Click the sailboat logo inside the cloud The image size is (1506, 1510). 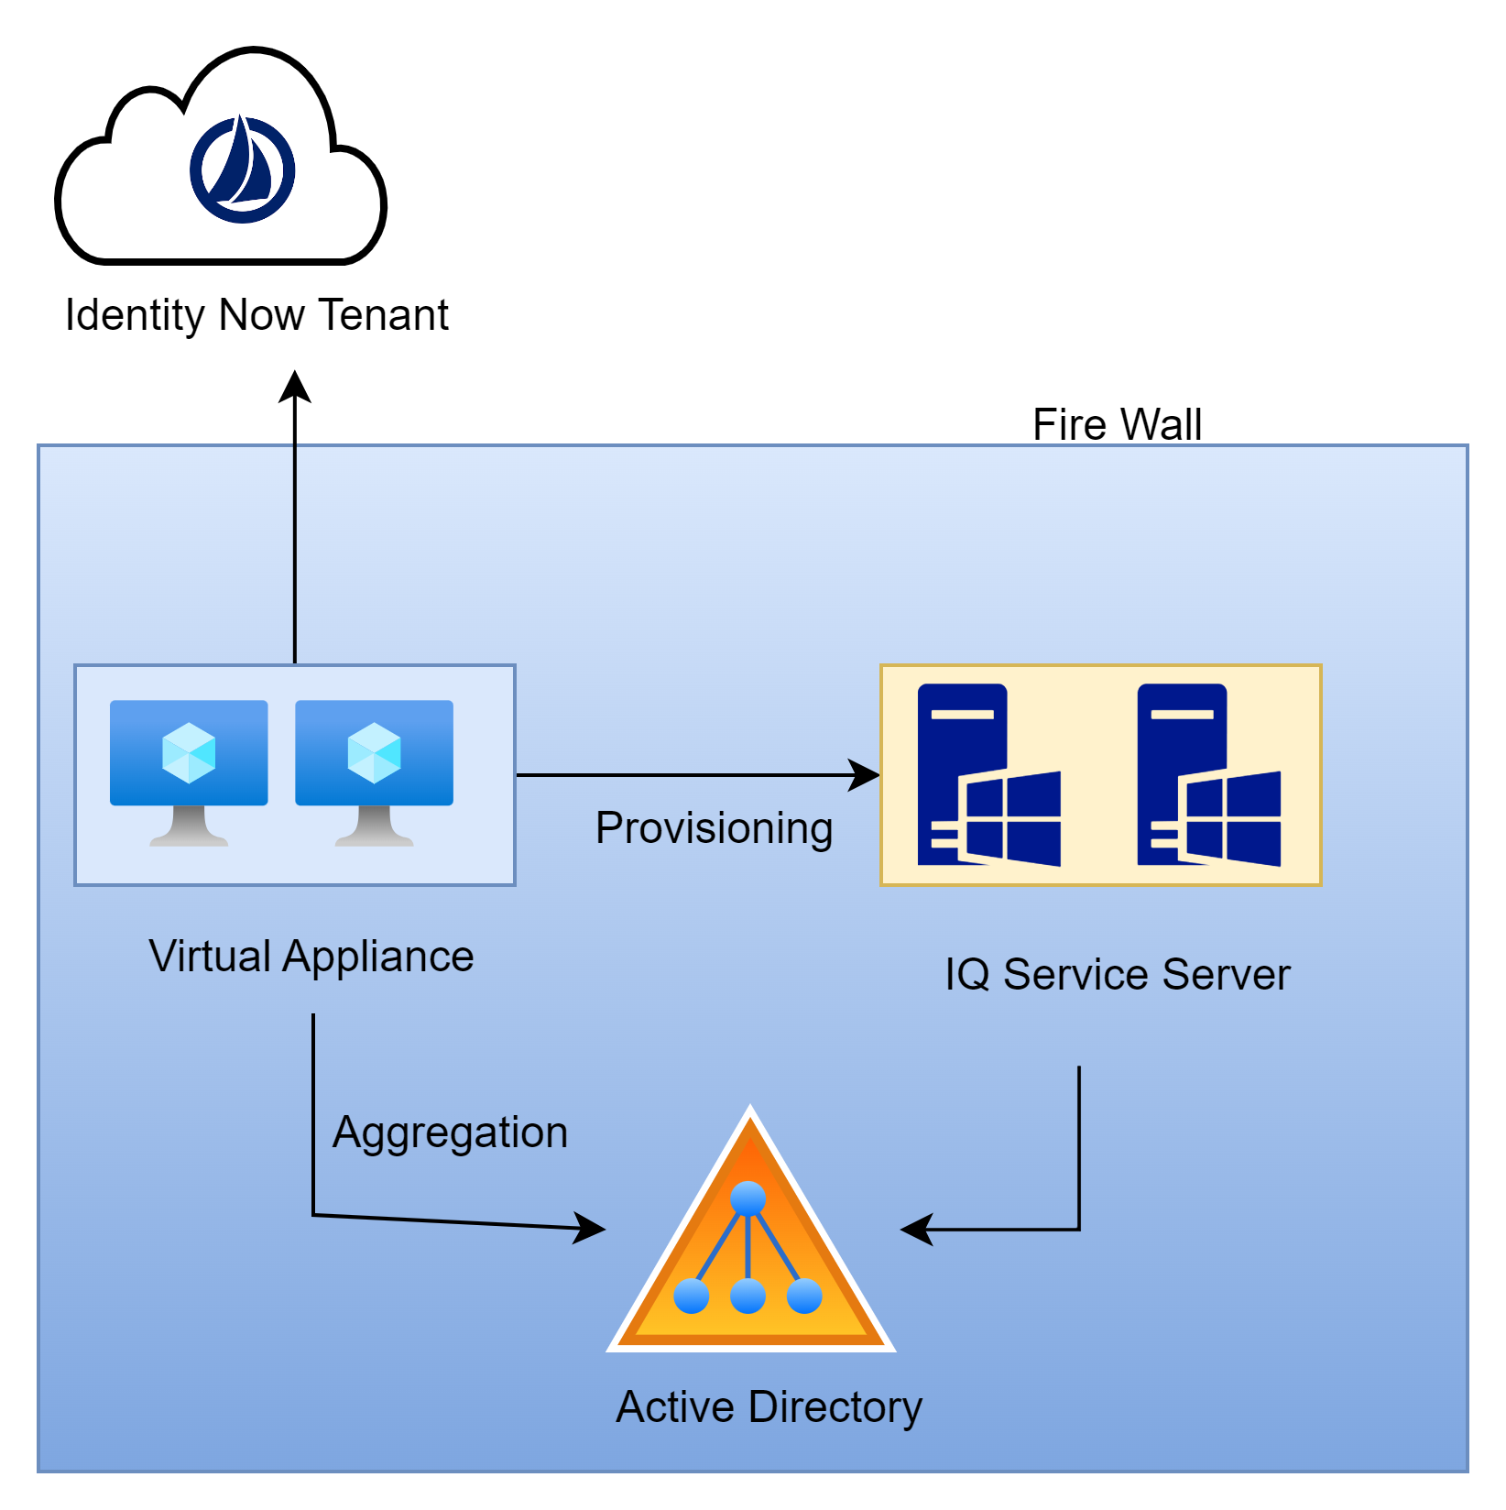click(243, 170)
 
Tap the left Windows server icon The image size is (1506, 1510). click(988, 775)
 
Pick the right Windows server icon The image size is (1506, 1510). click(1207, 775)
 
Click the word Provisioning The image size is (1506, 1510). click(714, 828)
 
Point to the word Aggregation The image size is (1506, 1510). click(450, 1132)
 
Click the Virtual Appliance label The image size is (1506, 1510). click(311, 957)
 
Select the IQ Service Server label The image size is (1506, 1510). click(1117, 974)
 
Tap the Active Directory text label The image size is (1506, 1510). click(769, 1406)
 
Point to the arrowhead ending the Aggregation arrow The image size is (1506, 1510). click(591, 1228)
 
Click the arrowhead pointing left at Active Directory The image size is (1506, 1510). click(916, 1230)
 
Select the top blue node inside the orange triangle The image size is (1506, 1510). click(748, 1198)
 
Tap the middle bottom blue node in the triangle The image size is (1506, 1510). click(748, 1297)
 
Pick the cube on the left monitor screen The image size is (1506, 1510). click(189, 753)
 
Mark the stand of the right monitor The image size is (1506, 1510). click(374, 826)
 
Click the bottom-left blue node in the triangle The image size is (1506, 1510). click(691, 1297)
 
